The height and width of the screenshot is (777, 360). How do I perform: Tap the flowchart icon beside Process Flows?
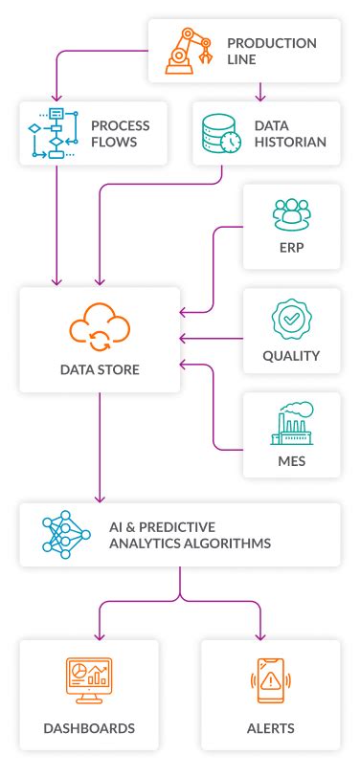(48, 133)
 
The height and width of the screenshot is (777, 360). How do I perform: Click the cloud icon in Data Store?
(100, 327)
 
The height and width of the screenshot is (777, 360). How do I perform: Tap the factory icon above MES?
(291, 424)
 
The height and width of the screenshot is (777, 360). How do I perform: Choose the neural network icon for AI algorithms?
(65, 534)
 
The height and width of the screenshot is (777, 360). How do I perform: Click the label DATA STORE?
(100, 368)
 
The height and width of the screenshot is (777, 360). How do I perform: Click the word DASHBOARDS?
(89, 728)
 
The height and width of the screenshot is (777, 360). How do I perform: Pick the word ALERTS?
(269, 728)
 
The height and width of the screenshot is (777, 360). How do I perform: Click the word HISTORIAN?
(290, 142)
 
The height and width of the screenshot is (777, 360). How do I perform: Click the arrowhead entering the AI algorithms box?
(100, 499)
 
